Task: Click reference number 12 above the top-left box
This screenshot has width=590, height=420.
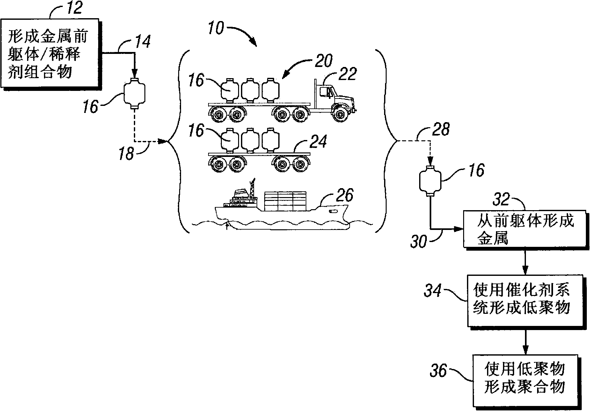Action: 74,8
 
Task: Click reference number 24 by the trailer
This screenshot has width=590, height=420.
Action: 318,142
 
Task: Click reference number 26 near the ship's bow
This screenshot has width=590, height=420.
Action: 344,195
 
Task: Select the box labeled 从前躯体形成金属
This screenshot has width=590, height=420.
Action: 524,229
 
